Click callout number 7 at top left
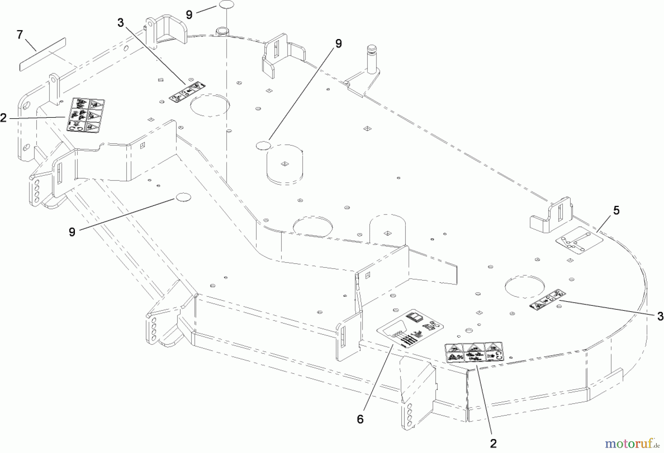click(20, 35)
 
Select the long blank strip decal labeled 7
click(42, 54)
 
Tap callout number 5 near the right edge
click(616, 211)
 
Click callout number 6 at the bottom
click(360, 419)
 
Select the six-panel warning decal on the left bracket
click(85, 115)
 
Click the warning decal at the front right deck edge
click(474, 353)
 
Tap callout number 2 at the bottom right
click(494, 443)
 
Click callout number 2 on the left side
click(4, 118)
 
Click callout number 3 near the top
click(121, 23)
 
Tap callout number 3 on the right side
click(660, 316)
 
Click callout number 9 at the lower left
click(72, 232)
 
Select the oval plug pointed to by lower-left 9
click(183, 197)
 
